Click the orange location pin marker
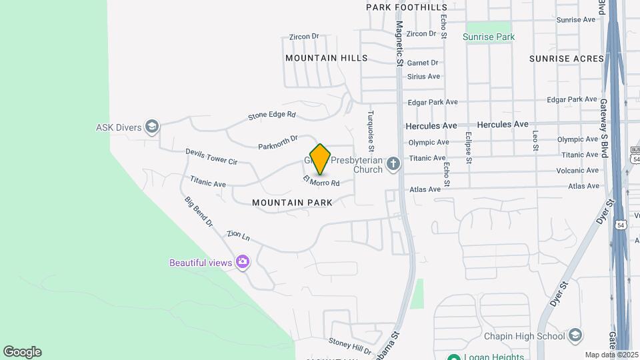(x=320, y=159)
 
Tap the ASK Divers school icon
(x=153, y=127)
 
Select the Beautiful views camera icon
(x=243, y=262)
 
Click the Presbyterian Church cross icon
(x=394, y=163)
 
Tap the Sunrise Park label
(x=489, y=37)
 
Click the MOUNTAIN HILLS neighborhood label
(x=327, y=58)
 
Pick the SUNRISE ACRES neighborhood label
(x=567, y=59)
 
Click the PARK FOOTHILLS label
(x=407, y=7)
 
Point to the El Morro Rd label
(x=321, y=181)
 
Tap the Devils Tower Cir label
(x=211, y=157)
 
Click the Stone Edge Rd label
(x=271, y=116)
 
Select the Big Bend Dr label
(x=198, y=211)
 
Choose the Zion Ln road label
(x=238, y=235)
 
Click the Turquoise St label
(x=371, y=130)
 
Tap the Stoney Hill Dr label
(x=349, y=346)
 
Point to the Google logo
(x=21, y=352)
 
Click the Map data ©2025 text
(x=611, y=355)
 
